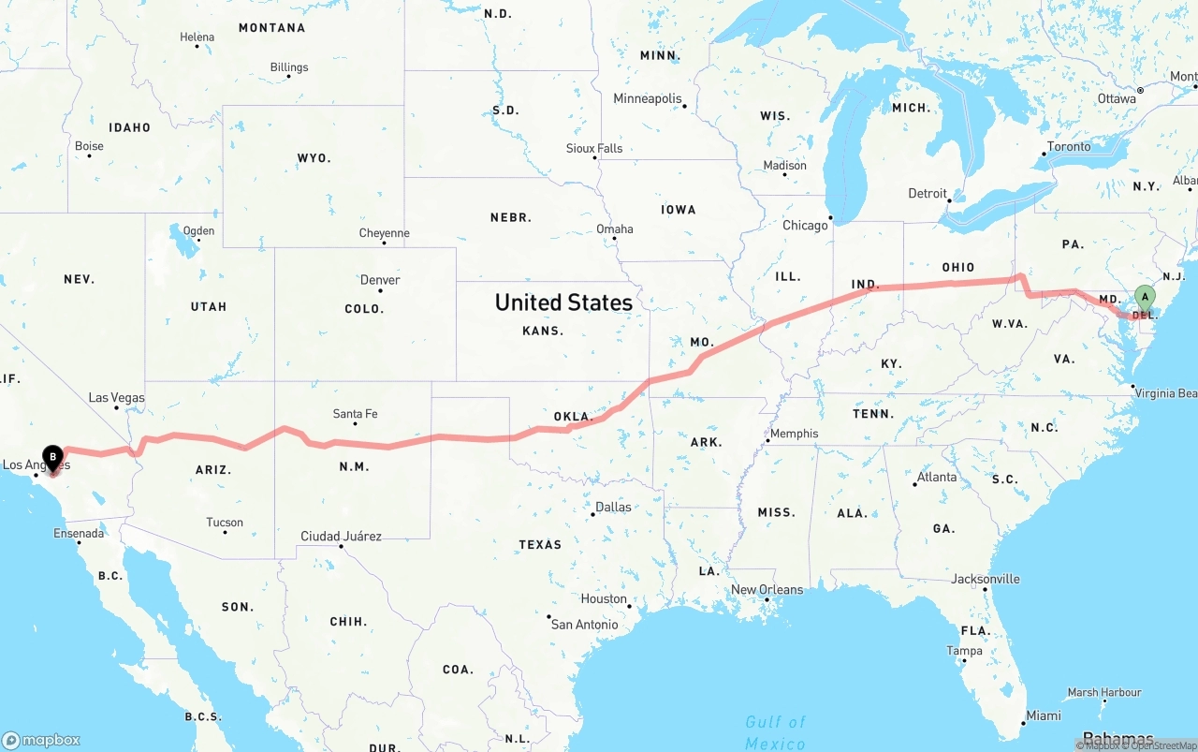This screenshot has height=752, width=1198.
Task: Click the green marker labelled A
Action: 1144,297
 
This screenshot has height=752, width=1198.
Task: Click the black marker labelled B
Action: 52,457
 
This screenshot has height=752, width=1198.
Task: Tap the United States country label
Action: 563,302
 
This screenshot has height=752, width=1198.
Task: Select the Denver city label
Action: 380,280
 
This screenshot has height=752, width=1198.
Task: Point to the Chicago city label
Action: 805,225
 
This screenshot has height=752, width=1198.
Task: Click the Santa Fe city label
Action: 355,414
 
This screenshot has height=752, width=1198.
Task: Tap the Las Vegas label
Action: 117,398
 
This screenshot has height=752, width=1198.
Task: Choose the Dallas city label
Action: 613,508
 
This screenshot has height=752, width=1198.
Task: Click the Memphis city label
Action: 794,434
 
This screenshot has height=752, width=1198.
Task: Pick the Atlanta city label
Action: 937,478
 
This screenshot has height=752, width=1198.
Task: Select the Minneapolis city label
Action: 648,98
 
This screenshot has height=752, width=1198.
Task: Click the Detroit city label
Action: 928,194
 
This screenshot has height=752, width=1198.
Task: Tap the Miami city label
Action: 1043,715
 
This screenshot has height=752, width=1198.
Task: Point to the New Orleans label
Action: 767,590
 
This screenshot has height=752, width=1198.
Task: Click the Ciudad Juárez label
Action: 341,537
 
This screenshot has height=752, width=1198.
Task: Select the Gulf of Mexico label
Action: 775,731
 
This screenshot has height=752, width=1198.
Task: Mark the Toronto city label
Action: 1069,147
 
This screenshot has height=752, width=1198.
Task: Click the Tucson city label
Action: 225,523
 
